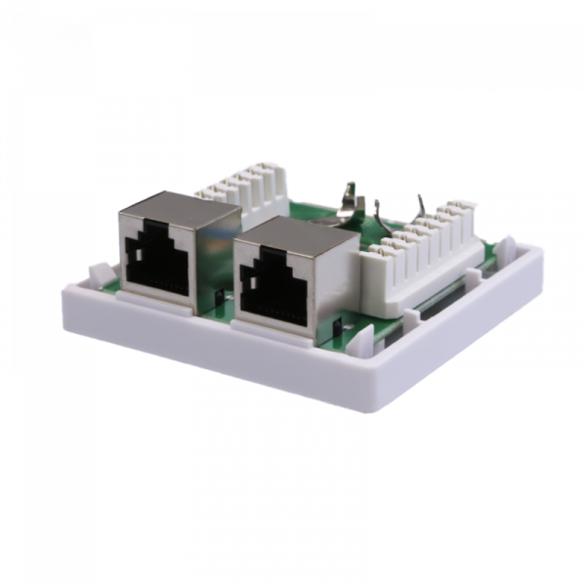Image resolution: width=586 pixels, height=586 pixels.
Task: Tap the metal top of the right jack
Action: click(289, 230)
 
